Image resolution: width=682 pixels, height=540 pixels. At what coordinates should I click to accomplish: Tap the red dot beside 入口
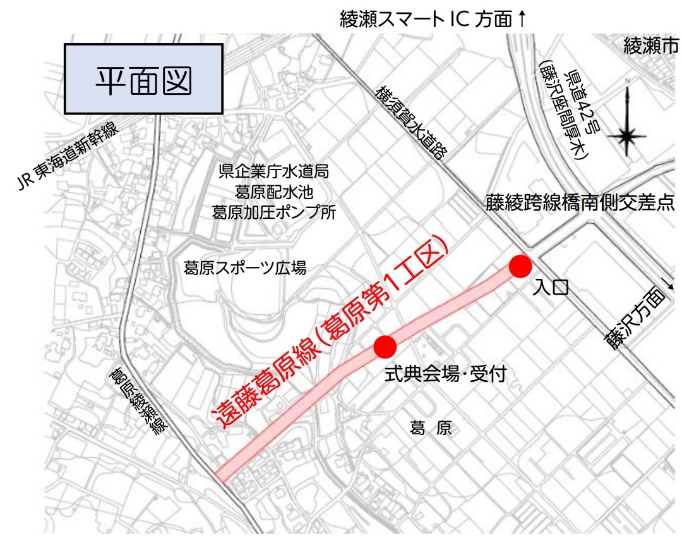pos(520,267)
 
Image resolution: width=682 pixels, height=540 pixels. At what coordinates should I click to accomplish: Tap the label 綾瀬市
pos(651,45)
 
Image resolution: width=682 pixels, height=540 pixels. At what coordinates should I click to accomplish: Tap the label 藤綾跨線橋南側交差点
pos(580,203)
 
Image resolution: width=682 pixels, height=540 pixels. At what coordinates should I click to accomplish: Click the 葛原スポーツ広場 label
pos(244,268)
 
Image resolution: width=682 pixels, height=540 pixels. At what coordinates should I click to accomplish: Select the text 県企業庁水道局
pos(273,170)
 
